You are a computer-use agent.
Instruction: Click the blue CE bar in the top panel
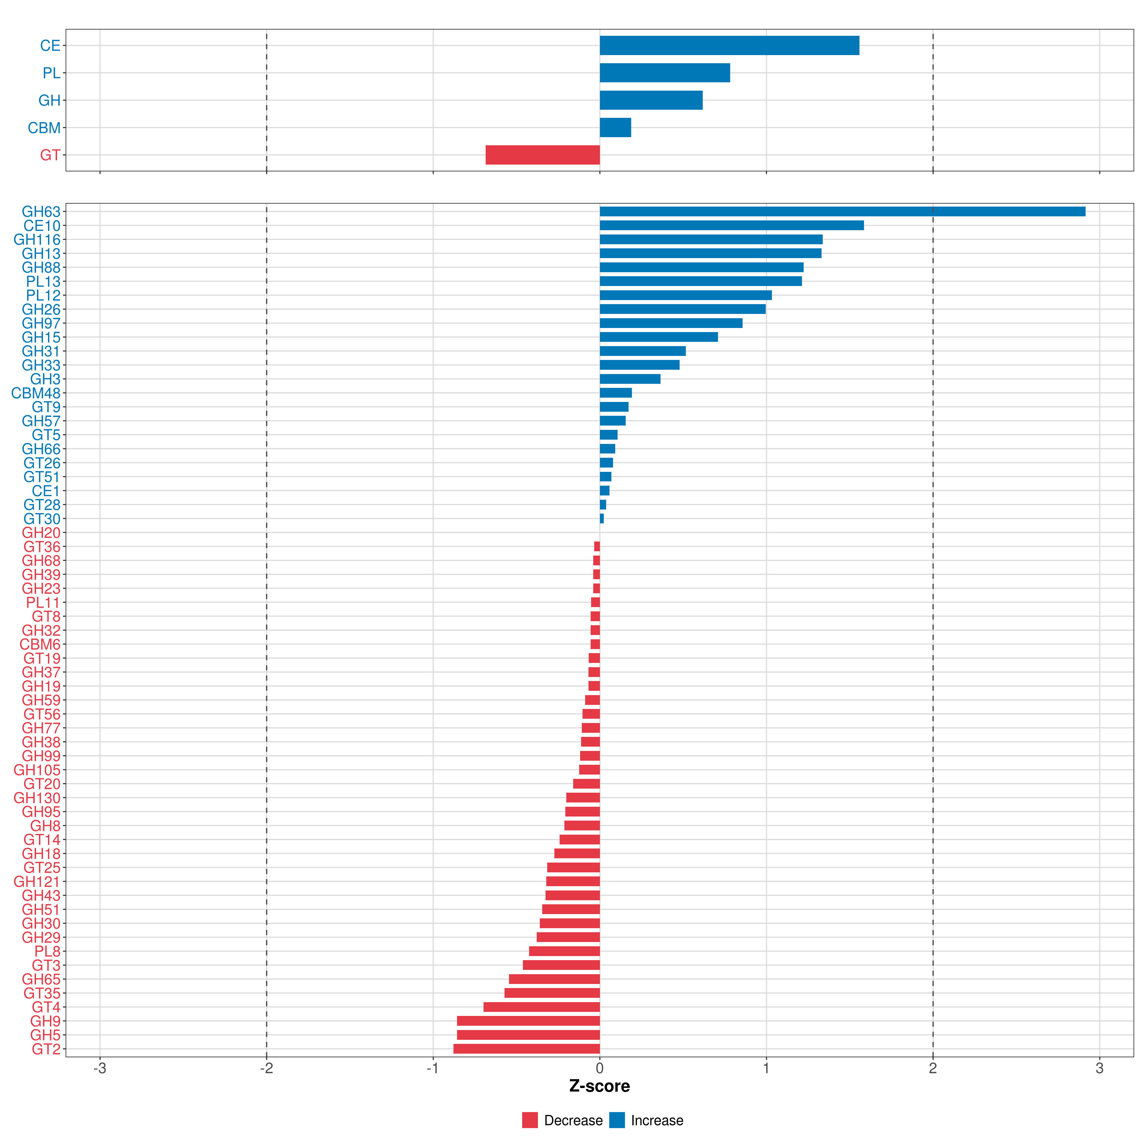(729, 46)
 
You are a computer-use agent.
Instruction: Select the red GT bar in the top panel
(543, 155)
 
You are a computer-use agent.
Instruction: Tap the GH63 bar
(843, 212)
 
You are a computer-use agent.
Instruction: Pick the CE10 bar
(732, 225)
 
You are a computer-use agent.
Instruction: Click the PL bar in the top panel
(665, 73)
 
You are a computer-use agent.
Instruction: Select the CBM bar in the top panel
(615, 127)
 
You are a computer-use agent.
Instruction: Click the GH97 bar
(671, 323)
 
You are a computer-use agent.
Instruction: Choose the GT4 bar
(542, 1007)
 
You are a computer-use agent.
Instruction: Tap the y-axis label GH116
(37, 239)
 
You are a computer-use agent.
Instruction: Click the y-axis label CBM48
(36, 393)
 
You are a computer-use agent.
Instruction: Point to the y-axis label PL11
(43, 603)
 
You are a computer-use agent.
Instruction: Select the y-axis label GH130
(37, 798)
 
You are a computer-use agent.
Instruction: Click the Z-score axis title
(600, 1086)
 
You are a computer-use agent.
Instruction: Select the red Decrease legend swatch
(530, 1120)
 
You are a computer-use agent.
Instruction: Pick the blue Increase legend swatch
(617, 1120)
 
